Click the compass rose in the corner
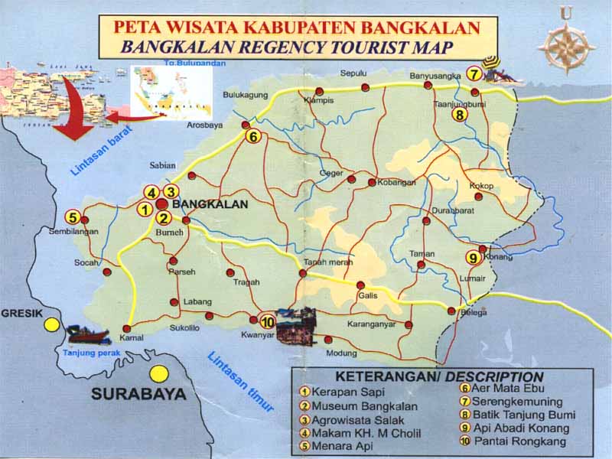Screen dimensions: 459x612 click(566, 44)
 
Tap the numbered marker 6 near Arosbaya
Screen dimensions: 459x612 click(254, 136)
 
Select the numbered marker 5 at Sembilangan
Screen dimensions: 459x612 click(73, 216)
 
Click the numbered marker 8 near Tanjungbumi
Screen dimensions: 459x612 click(459, 116)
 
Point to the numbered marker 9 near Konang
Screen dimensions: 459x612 click(472, 258)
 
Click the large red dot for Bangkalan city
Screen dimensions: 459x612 click(162, 204)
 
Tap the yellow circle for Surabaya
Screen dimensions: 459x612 click(159, 374)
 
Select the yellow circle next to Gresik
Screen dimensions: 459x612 click(51, 324)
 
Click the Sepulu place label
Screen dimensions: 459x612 click(354, 73)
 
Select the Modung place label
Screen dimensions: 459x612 click(341, 353)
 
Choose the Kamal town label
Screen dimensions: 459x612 click(132, 338)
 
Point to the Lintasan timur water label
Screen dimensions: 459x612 click(240, 382)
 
